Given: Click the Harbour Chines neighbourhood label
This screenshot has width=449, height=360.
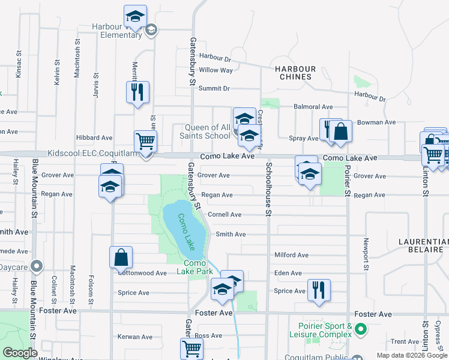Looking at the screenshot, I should [294, 72].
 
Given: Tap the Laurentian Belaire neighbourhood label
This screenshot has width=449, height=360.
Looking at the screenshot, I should [423, 246].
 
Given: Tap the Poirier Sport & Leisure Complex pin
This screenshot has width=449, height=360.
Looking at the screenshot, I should [360, 329].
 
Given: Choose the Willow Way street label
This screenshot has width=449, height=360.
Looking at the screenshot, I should [216, 70].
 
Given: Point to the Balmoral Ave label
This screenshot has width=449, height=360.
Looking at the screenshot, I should [313, 107].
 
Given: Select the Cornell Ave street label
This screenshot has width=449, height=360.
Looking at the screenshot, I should [224, 214].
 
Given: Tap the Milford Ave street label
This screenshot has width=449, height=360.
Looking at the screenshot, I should [291, 255].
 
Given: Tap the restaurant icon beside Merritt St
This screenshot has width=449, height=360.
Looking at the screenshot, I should [137, 92].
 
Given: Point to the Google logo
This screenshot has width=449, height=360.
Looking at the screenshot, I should [20, 353].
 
